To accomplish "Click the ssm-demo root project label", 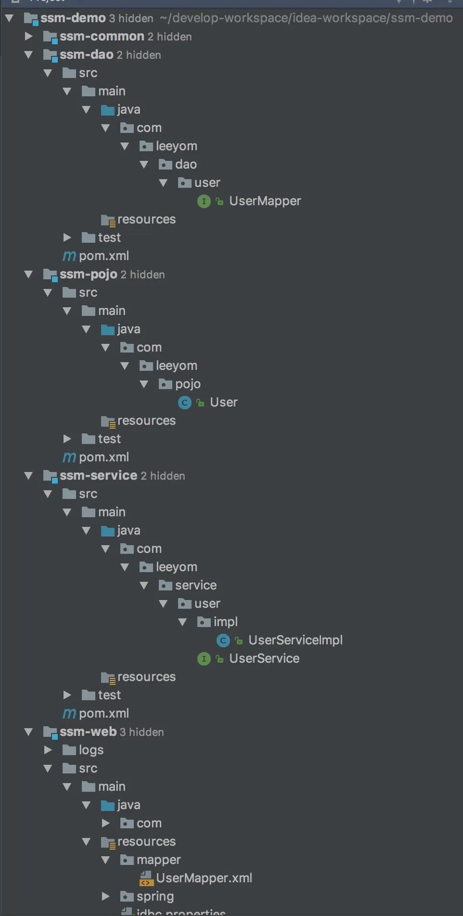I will coord(72,18).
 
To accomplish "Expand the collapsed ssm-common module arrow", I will coord(28,36).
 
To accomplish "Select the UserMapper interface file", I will coord(265,201).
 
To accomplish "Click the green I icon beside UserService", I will coord(204,658).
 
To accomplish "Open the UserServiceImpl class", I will coord(295,640).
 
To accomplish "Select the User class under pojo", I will coord(223,402).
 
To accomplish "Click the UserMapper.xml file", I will coord(204,878).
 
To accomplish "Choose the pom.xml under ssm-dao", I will coord(103,256).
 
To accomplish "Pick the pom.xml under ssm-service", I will coord(103,713).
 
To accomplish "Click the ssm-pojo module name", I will coord(88,274).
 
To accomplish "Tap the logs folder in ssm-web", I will coord(90,750).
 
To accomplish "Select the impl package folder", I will coord(225,622).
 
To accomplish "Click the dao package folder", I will coord(185,164).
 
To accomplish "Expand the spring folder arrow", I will coord(105,896).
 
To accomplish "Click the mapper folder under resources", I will coord(158,860).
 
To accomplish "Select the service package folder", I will coord(195,585).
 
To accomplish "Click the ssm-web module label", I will coord(88,732).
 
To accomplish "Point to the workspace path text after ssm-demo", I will coord(306,18).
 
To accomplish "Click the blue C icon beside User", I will coord(185,402).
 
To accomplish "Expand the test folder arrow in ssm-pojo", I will coord(67,439).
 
